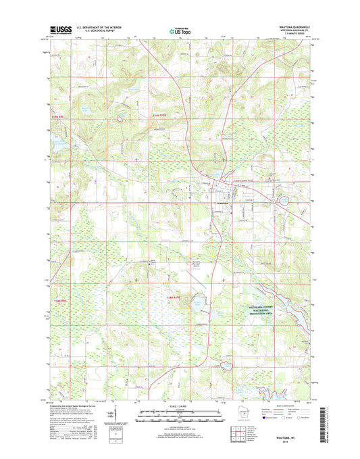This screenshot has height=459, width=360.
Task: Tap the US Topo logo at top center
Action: click(179, 30)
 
